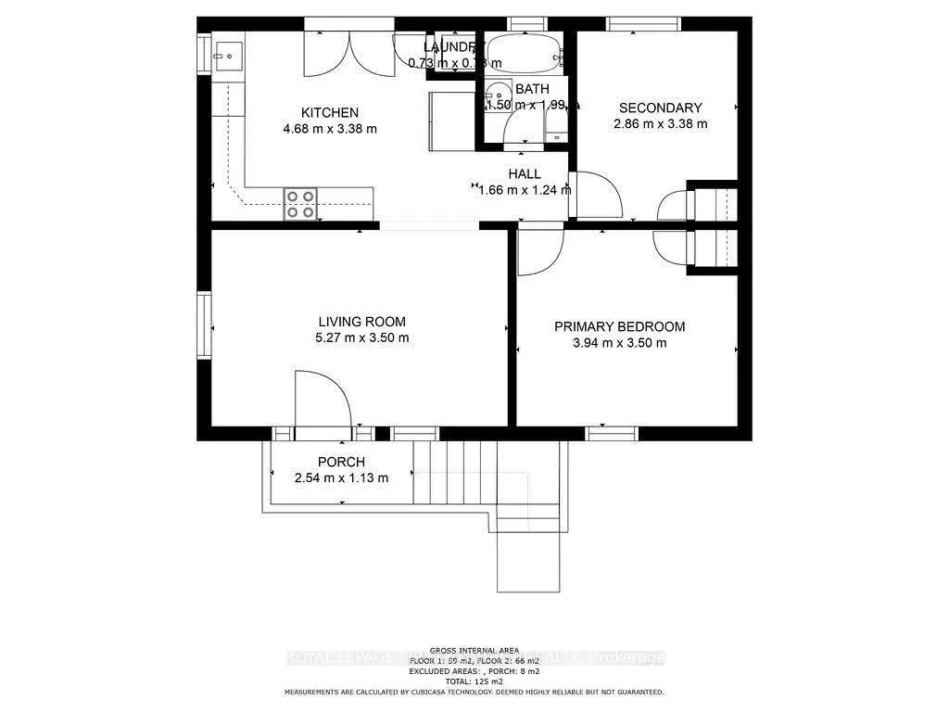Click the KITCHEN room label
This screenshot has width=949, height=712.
329,112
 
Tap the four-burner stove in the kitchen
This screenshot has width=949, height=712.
300,203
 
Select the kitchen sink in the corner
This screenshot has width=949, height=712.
226,55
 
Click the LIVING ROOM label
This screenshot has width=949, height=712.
361,322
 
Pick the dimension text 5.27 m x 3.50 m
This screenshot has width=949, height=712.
361,337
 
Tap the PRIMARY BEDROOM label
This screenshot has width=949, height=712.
619,326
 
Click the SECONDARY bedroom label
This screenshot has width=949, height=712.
660,108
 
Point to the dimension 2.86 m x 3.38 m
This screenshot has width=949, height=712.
660,123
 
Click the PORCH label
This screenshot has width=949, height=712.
341,462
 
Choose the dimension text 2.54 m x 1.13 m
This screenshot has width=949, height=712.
341,477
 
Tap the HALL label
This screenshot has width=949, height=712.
524,173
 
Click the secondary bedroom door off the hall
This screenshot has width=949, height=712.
595,195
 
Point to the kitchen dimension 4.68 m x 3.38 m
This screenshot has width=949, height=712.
329,129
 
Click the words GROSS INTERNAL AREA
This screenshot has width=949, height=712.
474,650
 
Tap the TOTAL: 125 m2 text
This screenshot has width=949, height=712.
474,681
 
